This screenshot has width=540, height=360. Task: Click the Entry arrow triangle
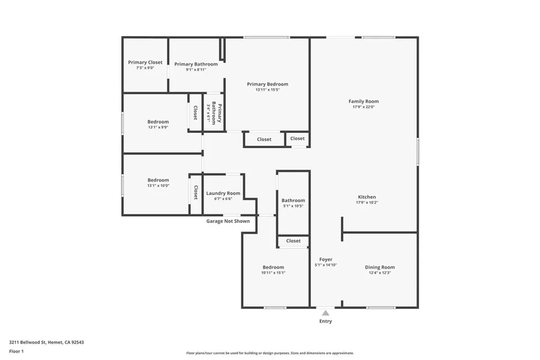(x=325, y=313)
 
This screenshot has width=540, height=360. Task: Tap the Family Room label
(x=363, y=101)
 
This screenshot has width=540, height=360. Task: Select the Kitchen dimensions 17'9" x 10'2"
(x=367, y=202)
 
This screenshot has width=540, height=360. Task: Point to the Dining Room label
(x=380, y=267)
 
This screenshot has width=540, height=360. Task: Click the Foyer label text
(x=326, y=259)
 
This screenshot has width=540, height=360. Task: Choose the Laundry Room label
(x=223, y=193)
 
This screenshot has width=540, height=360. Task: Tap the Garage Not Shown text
(x=228, y=221)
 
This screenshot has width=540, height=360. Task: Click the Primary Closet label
(x=145, y=62)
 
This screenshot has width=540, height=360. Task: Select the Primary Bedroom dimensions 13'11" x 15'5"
(x=267, y=90)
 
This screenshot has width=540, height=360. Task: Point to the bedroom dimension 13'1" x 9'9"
(x=158, y=127)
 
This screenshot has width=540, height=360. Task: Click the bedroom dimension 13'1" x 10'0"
(x=158, y=186)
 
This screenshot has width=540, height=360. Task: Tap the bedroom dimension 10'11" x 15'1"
(x=273, y=273)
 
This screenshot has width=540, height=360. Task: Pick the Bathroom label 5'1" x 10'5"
(x=293, y=200)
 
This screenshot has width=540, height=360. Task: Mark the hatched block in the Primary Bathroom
(x=223, y=49)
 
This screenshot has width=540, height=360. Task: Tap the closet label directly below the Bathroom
(x=293, y=241)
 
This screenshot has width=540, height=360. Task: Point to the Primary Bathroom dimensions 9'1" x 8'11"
(x=196, y=70)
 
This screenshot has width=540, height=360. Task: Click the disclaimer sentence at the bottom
(x=269, y=353)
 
